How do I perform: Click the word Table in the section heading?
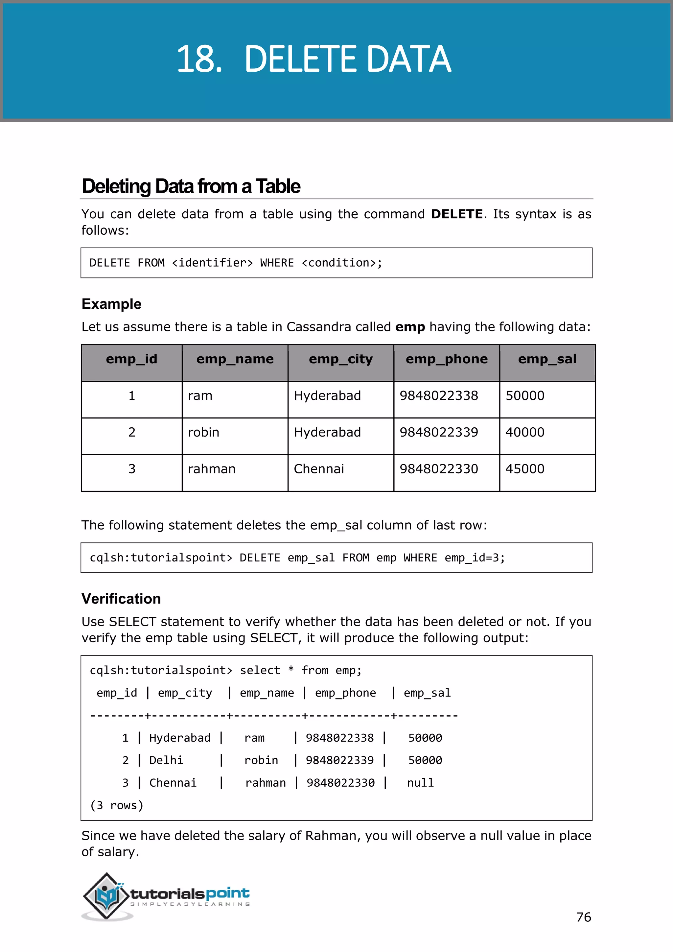278,186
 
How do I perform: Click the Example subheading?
111,304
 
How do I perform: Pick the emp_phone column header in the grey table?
446,359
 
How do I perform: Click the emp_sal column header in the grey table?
547,359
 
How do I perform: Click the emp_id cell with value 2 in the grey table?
132,432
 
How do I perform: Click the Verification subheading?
121,599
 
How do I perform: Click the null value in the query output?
420,783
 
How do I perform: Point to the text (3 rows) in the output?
116,805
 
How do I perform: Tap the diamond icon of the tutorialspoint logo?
107,896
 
